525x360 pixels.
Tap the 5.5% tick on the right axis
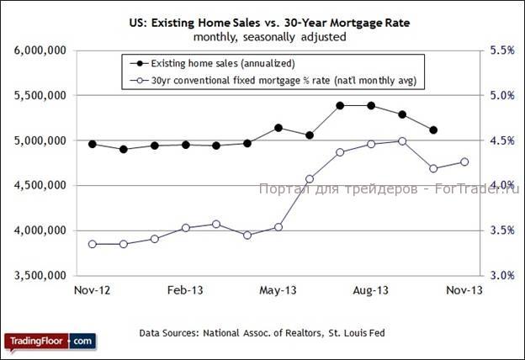[501, 51]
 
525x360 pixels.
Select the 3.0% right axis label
[501, 275]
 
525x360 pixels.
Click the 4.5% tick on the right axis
[501, 140]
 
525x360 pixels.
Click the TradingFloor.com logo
[50, 341]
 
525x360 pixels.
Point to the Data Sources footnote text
[262, 332]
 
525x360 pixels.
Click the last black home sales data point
[433, 130]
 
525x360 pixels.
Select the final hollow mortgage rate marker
[464, 161]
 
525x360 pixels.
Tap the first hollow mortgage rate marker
[93, 244]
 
